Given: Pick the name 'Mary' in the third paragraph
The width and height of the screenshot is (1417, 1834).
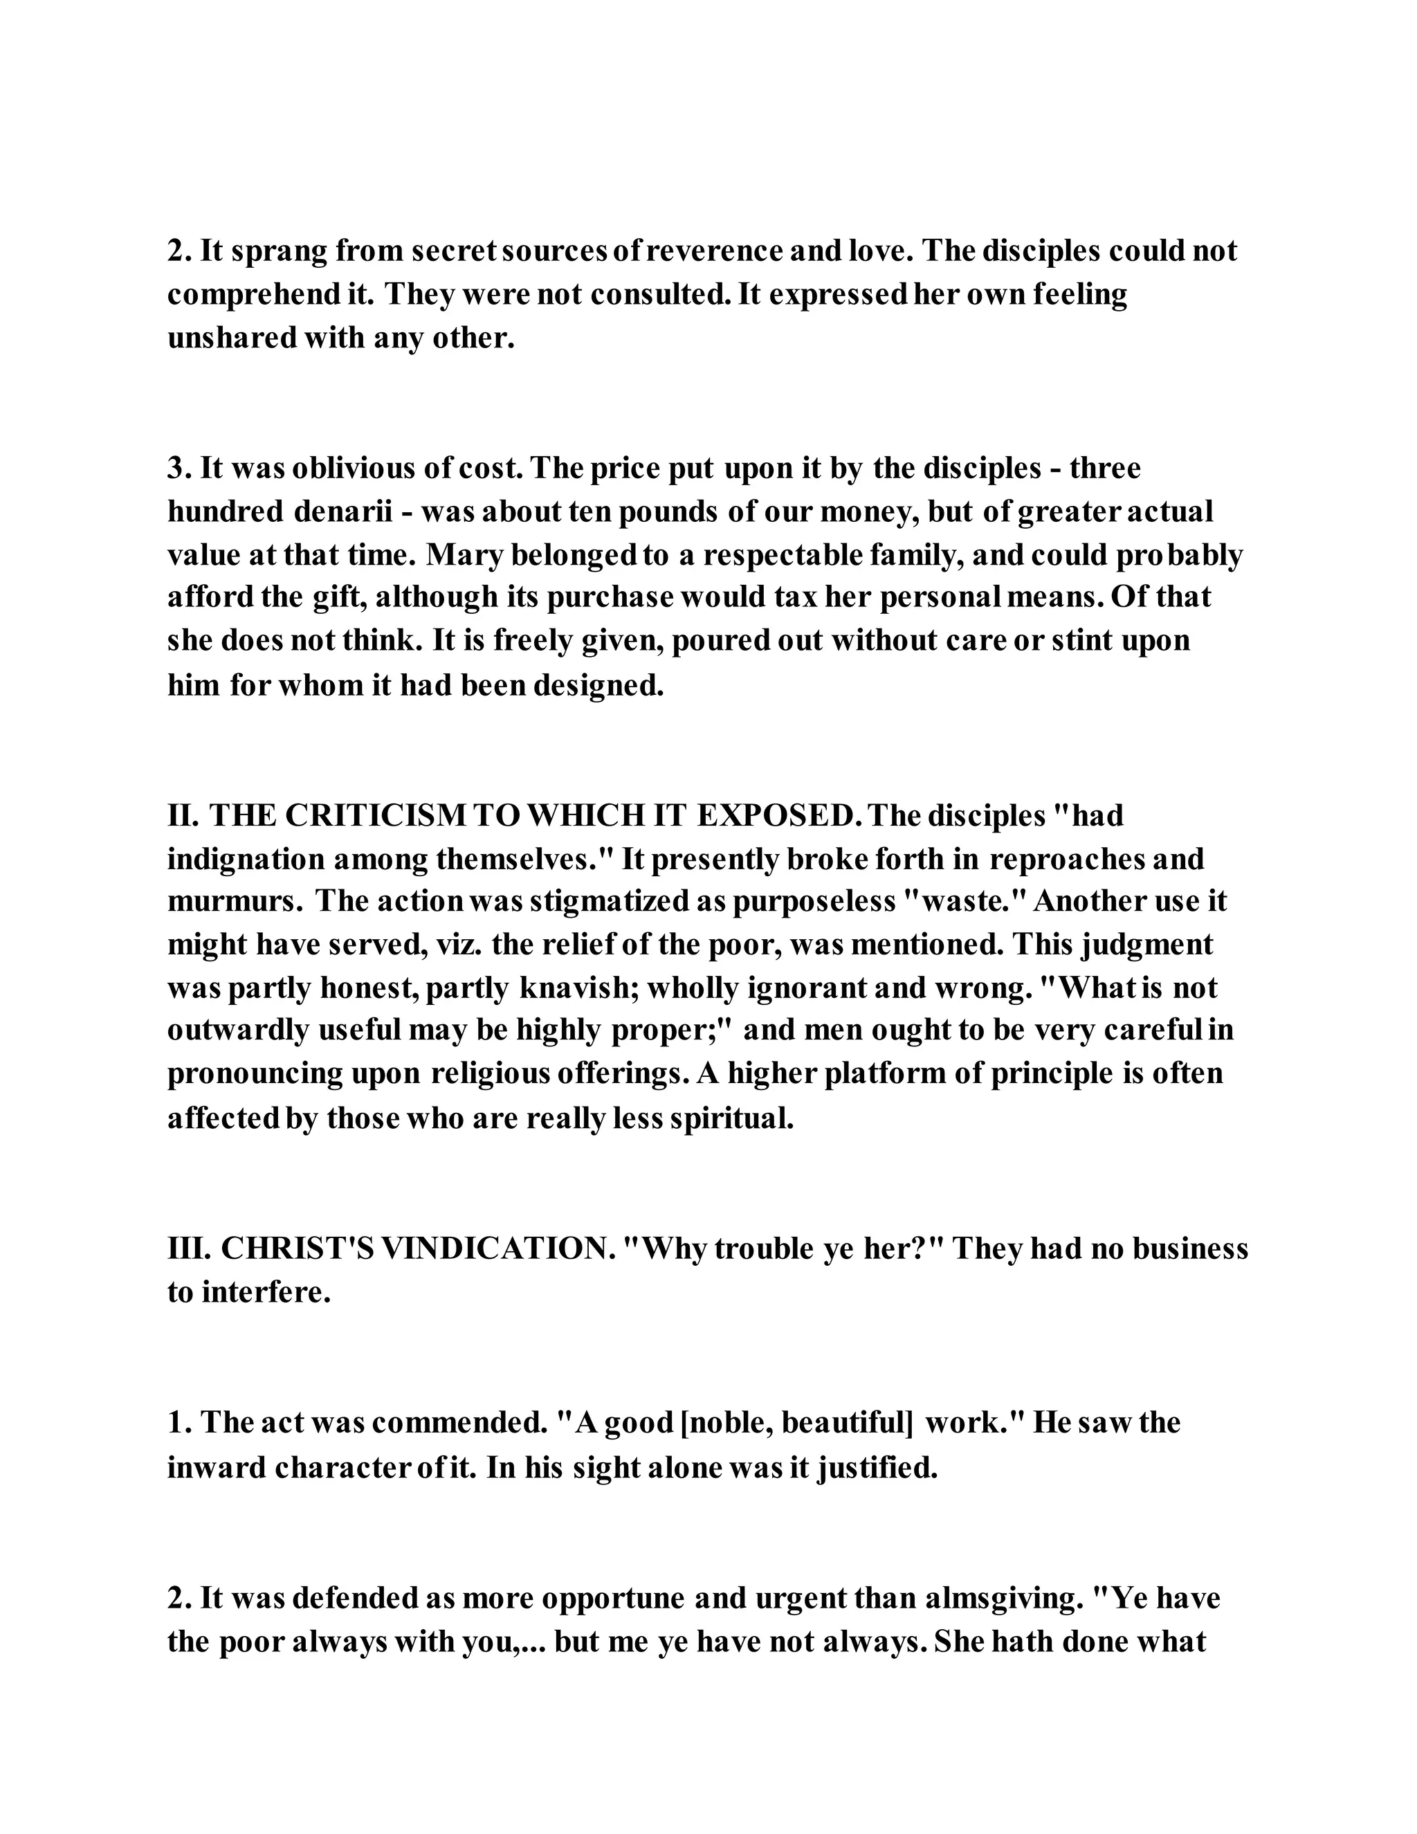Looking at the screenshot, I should pyautogui.click(x=464, y=555).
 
